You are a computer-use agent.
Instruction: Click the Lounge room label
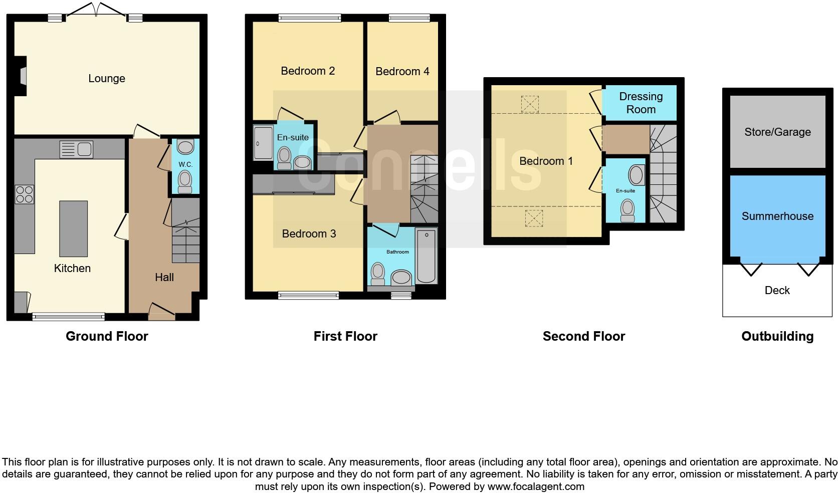(x=106, y=79)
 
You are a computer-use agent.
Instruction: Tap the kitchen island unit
(x=73, y=228)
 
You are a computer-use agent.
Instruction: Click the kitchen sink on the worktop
(x=76, y=149)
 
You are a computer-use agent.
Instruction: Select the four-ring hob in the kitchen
(x=24, y=194)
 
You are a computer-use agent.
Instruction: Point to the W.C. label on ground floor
(x=185, y=164)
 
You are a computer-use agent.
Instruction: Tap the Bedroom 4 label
(x=402, y=72)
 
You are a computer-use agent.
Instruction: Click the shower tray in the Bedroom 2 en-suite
(x=263, y=143)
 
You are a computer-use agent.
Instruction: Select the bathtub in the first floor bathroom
(x=426, y=256)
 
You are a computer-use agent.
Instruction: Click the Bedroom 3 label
(x=309, y=234)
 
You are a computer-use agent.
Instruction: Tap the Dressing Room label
(x=641, y=103)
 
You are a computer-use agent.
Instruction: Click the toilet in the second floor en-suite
(x=627, y=210)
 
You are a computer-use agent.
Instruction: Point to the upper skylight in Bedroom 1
(x=530, y=104)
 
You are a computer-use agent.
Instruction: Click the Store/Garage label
(x=777, y=132)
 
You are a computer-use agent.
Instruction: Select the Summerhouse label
(x=777, y=216)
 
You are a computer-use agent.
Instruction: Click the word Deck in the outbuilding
(x=777, y=291)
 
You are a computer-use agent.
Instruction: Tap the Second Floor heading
(x=583, y=336)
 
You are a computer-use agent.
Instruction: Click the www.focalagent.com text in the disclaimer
(x=536, y=486)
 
